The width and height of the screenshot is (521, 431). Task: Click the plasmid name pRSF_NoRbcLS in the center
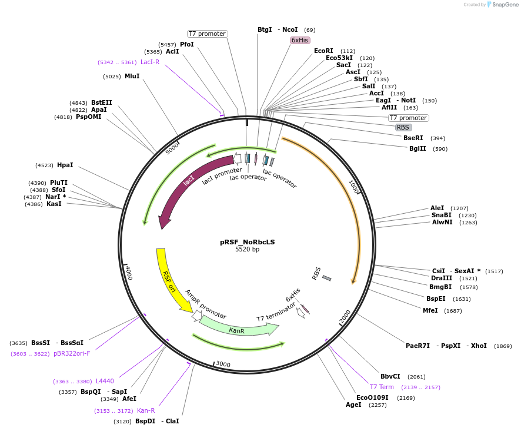tap(247, 241)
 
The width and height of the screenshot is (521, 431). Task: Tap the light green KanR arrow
tap(237, 330)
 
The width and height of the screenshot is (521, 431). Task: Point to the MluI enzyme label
tap(132, 76)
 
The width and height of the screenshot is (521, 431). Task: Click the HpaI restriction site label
tap(65, 165)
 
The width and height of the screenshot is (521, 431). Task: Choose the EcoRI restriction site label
tap(323, 51)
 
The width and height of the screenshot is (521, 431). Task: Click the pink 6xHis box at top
tap(300, 40)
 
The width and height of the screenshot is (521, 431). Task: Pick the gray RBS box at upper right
tap(403, 127)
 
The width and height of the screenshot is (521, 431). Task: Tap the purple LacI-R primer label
tap(149, 62)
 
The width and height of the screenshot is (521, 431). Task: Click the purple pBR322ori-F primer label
tap(72, 353)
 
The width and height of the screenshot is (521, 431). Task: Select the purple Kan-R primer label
tap(146, 410)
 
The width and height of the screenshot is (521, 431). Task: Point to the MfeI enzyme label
tap(430, 310)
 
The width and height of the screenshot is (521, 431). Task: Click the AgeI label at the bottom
tap(353, 405)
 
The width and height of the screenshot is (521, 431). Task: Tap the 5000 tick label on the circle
tap(172, 148)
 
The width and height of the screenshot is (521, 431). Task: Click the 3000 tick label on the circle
tap(223, 364)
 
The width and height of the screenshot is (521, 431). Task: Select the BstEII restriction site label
tap(101, 102)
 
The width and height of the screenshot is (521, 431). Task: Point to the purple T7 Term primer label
tap(382, 387)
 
